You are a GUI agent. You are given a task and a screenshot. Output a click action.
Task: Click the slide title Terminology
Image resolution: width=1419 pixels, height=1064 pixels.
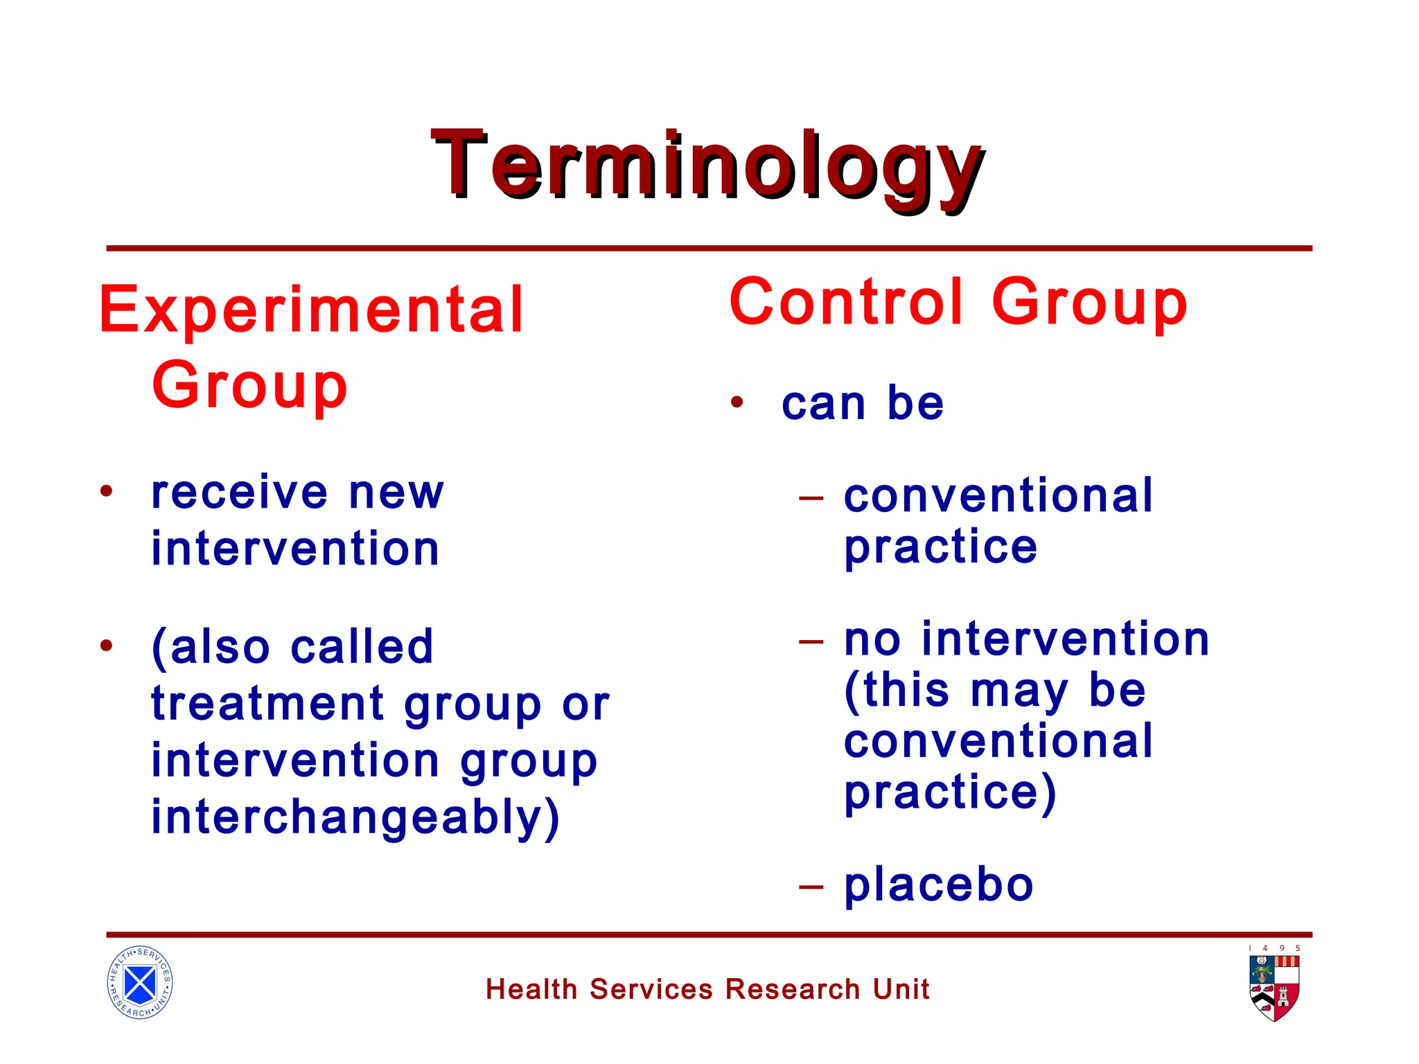click(707, 166)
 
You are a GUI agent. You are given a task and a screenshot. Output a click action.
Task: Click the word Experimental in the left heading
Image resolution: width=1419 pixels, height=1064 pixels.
click(311, 311)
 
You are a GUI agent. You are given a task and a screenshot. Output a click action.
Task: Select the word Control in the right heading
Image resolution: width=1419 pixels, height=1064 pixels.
click(847, 302)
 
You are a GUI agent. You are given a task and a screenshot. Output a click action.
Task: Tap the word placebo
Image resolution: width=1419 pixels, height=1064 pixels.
click(939, 885)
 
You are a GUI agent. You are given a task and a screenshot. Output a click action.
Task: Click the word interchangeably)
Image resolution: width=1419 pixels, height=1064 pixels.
click(355, 818)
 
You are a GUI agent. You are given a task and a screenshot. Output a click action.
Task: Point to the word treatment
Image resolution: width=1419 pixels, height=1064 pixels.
click(267, 704)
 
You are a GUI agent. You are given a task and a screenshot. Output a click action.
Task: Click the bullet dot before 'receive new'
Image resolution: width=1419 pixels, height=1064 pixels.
click(106, 491)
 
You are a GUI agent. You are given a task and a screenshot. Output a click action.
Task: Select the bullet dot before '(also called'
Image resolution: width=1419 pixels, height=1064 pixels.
click(106, 646)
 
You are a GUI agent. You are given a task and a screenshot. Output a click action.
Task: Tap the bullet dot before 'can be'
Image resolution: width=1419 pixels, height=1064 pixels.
click(737, 402)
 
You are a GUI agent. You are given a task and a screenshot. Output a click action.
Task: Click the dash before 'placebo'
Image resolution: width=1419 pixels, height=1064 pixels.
click(811, 886)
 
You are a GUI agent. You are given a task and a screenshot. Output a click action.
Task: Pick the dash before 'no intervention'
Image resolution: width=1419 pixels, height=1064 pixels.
click(811, 641)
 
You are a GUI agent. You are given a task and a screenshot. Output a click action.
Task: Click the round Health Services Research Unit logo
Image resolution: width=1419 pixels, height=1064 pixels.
click(140, 982)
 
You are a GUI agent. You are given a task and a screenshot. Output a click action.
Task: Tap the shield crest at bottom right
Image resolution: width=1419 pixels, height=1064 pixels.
click(1274, 988)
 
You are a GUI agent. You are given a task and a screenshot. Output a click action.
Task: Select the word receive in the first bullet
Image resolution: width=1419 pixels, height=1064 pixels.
click(239, 493)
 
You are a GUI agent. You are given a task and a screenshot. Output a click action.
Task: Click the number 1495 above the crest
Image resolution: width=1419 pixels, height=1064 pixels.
click(1274, 948)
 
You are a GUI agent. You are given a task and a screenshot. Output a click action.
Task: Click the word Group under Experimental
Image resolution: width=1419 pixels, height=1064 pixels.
click(249, 387)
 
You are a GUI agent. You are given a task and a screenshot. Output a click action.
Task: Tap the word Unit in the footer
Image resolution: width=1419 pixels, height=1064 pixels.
click(901, 989)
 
